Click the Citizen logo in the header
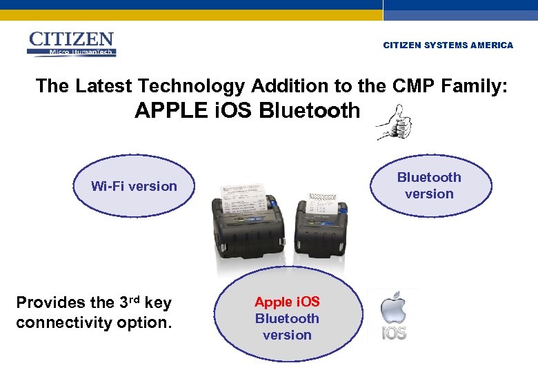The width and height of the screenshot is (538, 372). [71, 44]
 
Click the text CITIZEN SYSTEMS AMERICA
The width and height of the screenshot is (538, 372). [448, 45]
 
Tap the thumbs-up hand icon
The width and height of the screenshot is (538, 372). [394, 123]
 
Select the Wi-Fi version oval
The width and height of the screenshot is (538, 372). [134, 186]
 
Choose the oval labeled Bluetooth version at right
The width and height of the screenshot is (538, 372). [429, 185]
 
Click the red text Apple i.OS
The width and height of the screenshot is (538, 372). [287, 302]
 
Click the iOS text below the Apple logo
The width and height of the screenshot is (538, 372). [394, 333]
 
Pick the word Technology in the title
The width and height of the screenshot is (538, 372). [191, 86]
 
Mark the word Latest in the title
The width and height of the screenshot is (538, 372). [104, 86]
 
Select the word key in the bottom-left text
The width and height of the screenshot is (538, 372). [158, 302]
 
